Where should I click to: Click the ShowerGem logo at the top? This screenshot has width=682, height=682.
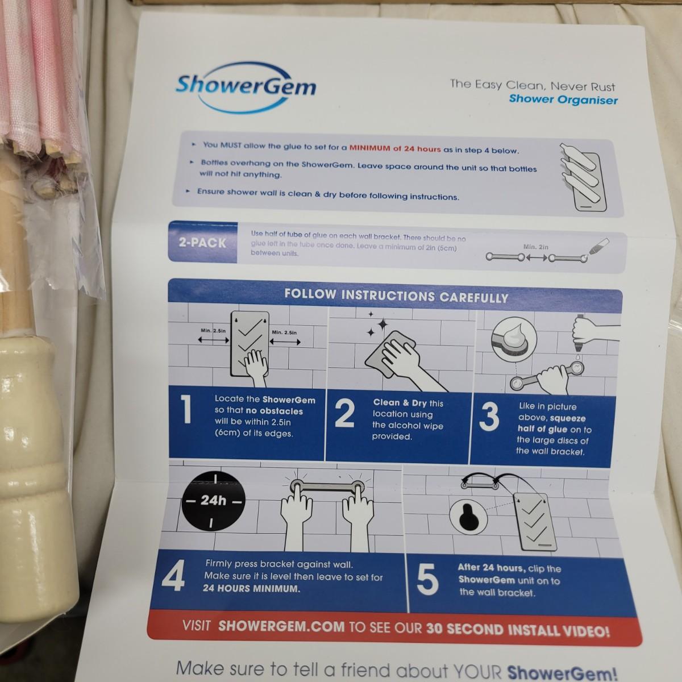coord(246,87)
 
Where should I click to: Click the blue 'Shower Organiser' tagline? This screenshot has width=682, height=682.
coord(563,99)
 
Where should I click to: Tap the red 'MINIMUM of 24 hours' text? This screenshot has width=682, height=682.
coord(395,148)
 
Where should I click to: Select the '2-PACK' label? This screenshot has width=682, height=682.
coord(202,243)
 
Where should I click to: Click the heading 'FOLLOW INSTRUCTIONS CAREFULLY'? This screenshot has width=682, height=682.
coord(396,296)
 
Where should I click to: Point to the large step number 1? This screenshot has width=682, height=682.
coord(186,409)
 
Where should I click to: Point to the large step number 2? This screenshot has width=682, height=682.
coord(344,413)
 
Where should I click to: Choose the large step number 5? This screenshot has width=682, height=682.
coord(427,580)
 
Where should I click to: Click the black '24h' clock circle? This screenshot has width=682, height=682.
coord(213,501)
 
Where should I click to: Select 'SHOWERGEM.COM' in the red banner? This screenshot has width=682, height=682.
coord(281,626)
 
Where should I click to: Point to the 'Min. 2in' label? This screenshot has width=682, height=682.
coord(535,247)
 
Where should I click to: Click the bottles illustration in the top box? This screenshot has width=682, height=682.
coord(582,176)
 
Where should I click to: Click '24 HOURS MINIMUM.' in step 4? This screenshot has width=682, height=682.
coord(251,589)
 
